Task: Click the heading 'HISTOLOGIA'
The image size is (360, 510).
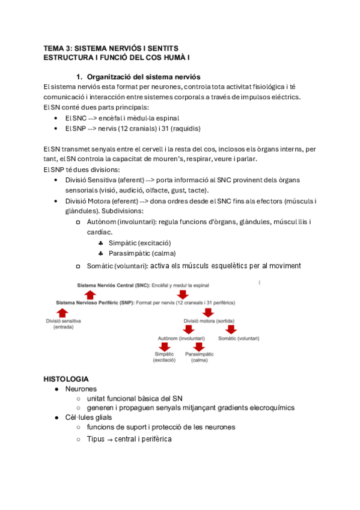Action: tap(66, 379)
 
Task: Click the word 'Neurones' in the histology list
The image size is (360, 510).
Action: tap(81, 389)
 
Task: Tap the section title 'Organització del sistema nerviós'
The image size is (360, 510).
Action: tap(143, 77)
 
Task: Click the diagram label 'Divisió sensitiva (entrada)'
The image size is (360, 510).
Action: tap(63, 324)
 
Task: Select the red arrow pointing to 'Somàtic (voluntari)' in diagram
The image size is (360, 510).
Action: tap(231, 330)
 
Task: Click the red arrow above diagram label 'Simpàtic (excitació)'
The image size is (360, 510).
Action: tap(164, 346)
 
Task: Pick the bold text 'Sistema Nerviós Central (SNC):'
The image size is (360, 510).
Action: tap(114, 283)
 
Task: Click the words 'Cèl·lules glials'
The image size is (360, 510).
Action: tap(89, 417)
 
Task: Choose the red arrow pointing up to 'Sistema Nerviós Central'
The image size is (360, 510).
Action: tap(90, 293)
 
